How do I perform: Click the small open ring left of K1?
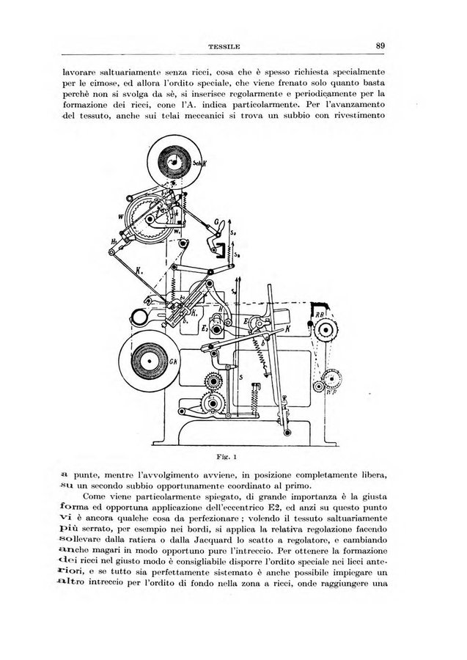(x=137, y=317)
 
